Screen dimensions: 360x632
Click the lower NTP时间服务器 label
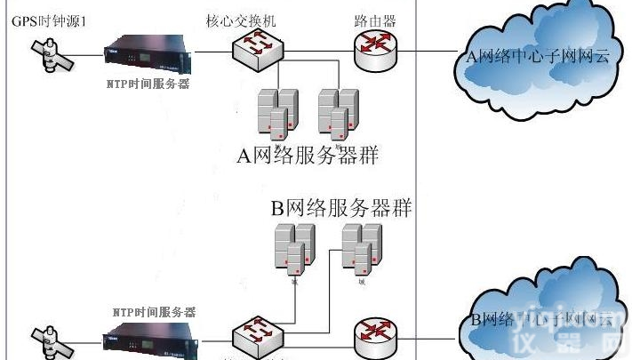point(154,312)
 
